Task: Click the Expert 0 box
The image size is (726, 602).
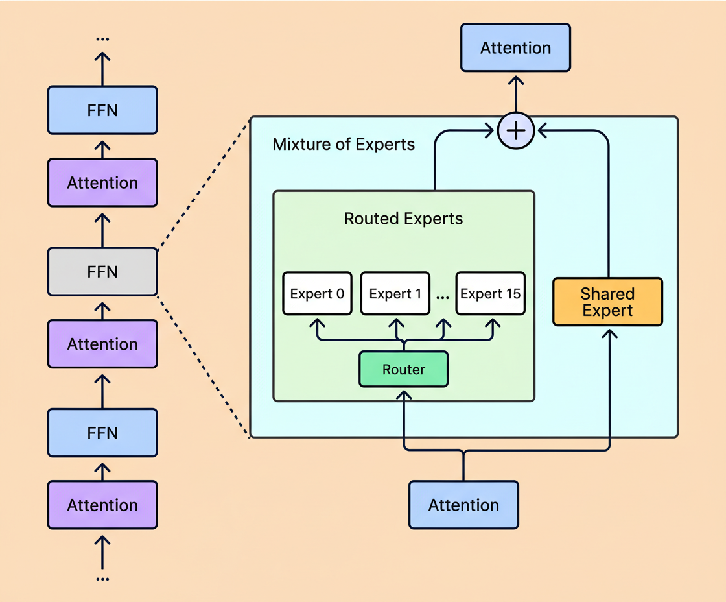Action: [x=317, y=294]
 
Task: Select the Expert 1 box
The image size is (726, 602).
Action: [x=395, y=294]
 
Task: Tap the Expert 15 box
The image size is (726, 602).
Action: [x=490, y=294]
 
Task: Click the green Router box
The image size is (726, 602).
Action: [x=403, y=370]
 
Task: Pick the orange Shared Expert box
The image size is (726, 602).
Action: [x=607, y=302]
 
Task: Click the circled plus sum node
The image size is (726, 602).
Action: [x=516, y=131]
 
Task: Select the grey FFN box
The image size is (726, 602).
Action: [x=102, y=272]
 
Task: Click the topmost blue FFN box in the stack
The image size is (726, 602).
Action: [x=102, y=110]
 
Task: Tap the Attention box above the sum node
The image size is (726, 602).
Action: [x=515, y=48]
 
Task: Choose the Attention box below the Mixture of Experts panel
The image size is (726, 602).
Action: [x=463, y=505]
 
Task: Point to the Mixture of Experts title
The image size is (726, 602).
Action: [x=344, y=144]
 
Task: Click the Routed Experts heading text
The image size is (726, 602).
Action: [x=403, y=219]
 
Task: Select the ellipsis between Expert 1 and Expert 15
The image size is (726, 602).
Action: [x=443, y=296]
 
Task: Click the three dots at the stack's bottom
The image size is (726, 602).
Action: [x=102, y=578]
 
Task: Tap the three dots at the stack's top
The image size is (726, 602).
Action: [x=102, y=39]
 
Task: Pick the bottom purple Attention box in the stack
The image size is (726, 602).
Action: [x=102, y=505]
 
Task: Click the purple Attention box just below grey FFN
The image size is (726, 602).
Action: [x=102, y=344]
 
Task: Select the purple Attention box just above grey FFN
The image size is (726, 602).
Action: [x=102, y=183]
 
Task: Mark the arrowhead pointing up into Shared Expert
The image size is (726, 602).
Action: [x=608, y=332]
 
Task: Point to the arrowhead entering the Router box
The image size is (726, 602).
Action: [x=404, y=394]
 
